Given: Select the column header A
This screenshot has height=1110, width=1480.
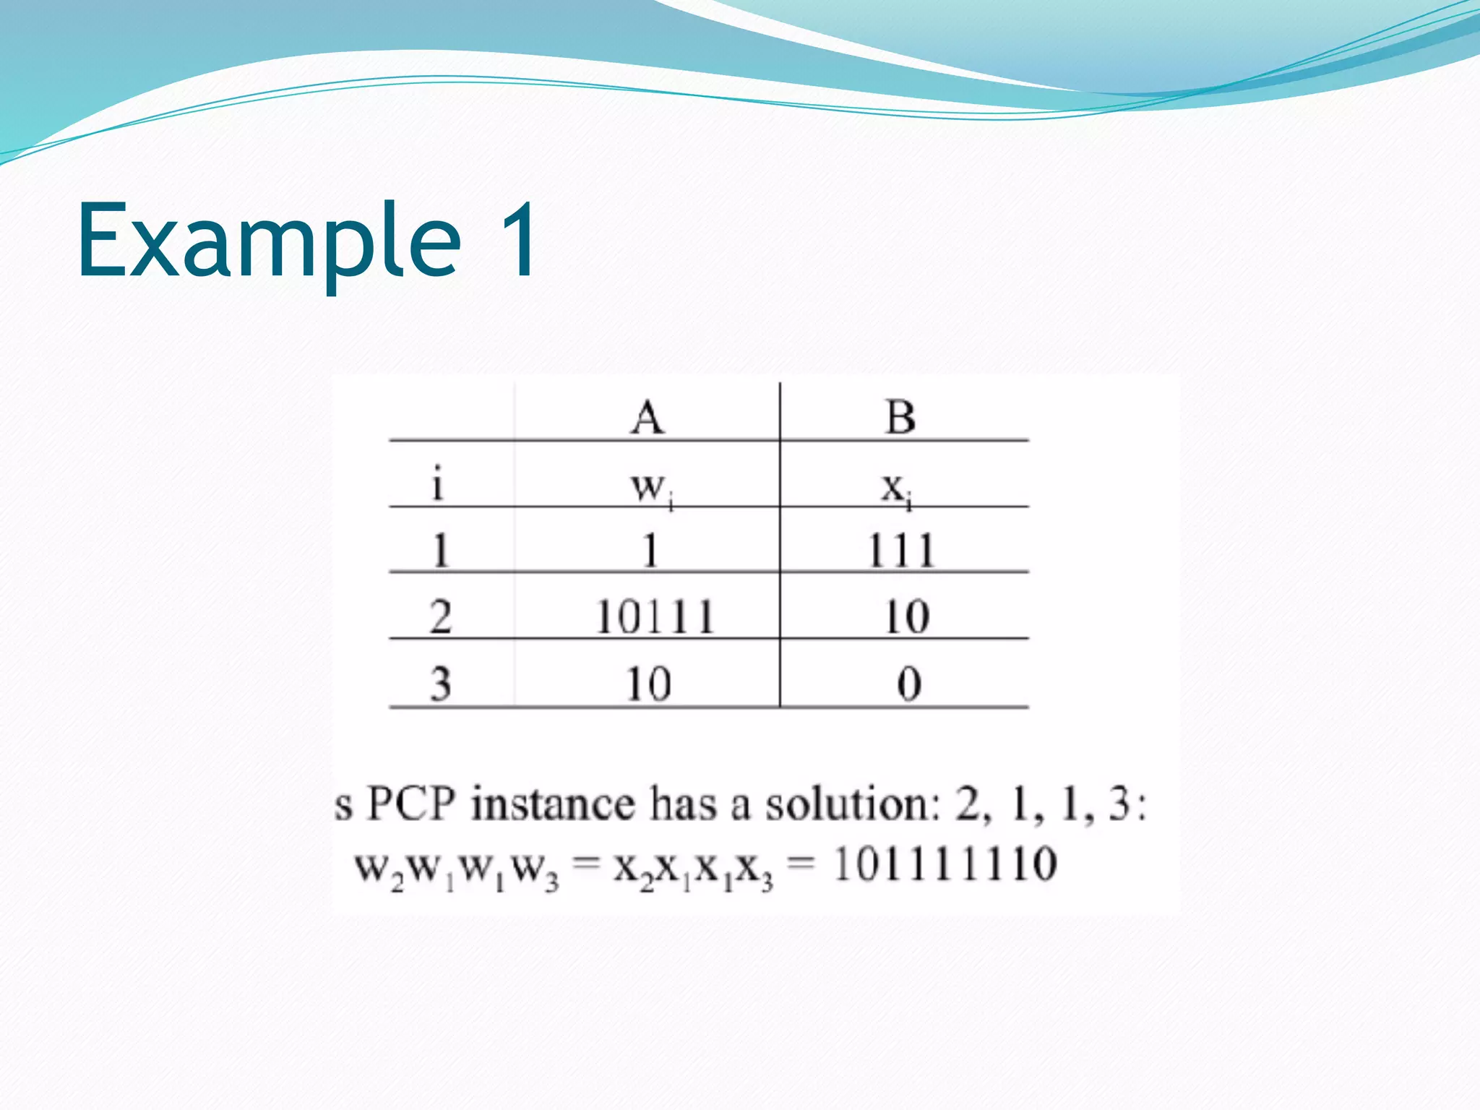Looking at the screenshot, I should point(647,417).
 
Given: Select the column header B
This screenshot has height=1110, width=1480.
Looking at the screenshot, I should point(900,417).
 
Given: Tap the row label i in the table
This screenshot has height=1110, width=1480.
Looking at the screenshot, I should point(436,483).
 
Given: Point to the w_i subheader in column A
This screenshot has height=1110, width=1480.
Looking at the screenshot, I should point(650,487).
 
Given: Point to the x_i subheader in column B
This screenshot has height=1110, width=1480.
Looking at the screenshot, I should point(896,489).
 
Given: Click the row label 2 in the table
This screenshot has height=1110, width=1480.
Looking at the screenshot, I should point(440,616).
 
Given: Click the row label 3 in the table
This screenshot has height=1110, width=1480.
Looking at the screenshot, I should point(440,683).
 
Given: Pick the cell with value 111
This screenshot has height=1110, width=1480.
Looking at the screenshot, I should point(901,551).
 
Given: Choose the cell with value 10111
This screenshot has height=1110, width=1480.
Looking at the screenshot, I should point(655,617).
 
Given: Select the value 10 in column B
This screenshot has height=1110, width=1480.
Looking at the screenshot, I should point(906,617).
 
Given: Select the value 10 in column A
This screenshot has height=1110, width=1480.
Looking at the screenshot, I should point(648,684).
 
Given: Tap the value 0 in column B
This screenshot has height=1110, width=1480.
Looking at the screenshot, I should point(909,684).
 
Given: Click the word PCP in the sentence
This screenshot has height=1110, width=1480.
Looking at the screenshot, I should point(411,804).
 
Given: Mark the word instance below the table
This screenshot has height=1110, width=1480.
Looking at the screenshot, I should point(553,804).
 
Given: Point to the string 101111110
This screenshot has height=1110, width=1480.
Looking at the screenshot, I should point(945,864).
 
